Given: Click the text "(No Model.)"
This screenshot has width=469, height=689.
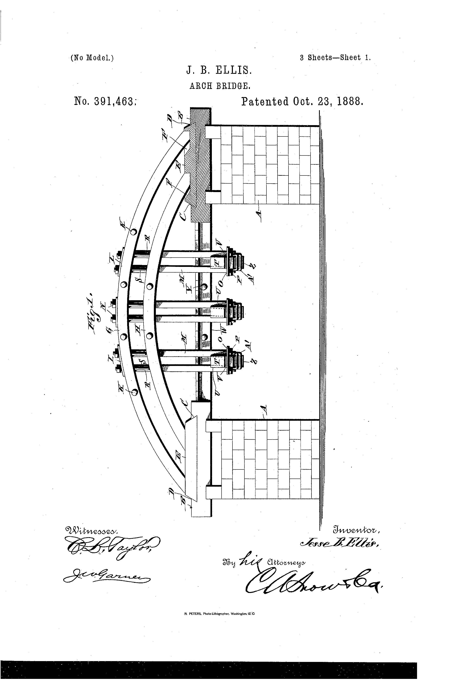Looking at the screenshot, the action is click(x=92, y=58).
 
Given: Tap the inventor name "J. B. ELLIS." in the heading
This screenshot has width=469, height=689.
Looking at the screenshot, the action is click(x=219, y=71).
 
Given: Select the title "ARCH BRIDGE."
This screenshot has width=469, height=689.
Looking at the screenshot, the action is click(x=220, y=86).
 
